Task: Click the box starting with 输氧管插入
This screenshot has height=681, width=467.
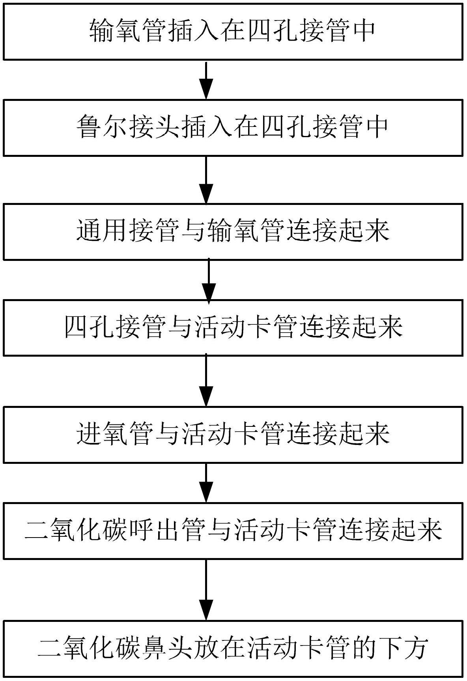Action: (233, 32)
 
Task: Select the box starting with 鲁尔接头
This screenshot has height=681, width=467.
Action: (233, 128)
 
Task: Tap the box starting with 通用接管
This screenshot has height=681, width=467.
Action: (233, 231)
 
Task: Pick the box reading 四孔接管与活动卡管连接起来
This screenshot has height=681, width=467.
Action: (233, 327)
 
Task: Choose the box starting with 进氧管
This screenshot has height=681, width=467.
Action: (233, 435)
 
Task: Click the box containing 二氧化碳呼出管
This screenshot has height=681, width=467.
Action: (233, 530)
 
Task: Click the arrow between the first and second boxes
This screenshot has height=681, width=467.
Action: (206, 80)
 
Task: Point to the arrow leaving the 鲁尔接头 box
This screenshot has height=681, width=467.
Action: (206, 179)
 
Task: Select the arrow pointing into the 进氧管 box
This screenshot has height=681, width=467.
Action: (206, 381)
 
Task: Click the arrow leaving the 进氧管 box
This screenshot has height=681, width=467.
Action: (206, 482)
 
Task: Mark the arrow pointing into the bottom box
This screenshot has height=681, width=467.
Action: (206, 590)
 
